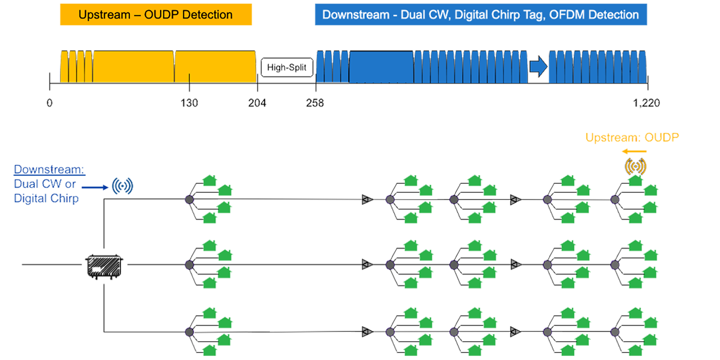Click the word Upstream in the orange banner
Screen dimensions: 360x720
pyautogui.click(x=104, y=15)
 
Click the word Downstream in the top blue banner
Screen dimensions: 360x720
pyautogui.click(x=355, y=15)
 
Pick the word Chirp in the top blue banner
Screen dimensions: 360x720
pyautogui.click(x=506, y=15)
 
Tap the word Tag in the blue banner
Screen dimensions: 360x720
pyautogui.click(x=534, y=15)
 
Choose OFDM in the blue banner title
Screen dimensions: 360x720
pyautogui.click(x=567, y=15)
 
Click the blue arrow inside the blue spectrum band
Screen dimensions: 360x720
pyautogui.click(x=538, y=67)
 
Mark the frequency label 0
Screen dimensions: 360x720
pyautogui.click(x=49, y=103)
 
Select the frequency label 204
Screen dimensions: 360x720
pyautogui.click(x=257, y=103)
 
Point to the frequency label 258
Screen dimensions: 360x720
pyautogui.click(x=315, y=103)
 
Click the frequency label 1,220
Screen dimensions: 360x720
pyautogui.click(x=647, y=103)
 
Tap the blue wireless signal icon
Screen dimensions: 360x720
pyautogui.click(x=121, y=185)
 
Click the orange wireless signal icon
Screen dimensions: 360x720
pyautogui.click(x=635, y=166)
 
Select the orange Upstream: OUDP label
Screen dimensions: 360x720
pyautogui.click(x=632, y=138)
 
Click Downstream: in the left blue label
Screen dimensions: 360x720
pyautogui.click(x=49, y=170)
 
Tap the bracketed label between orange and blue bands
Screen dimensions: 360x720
pyautogui.click(x=286, y=67)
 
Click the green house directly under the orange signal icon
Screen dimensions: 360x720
pyautogui.click(x=635, y=182)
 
